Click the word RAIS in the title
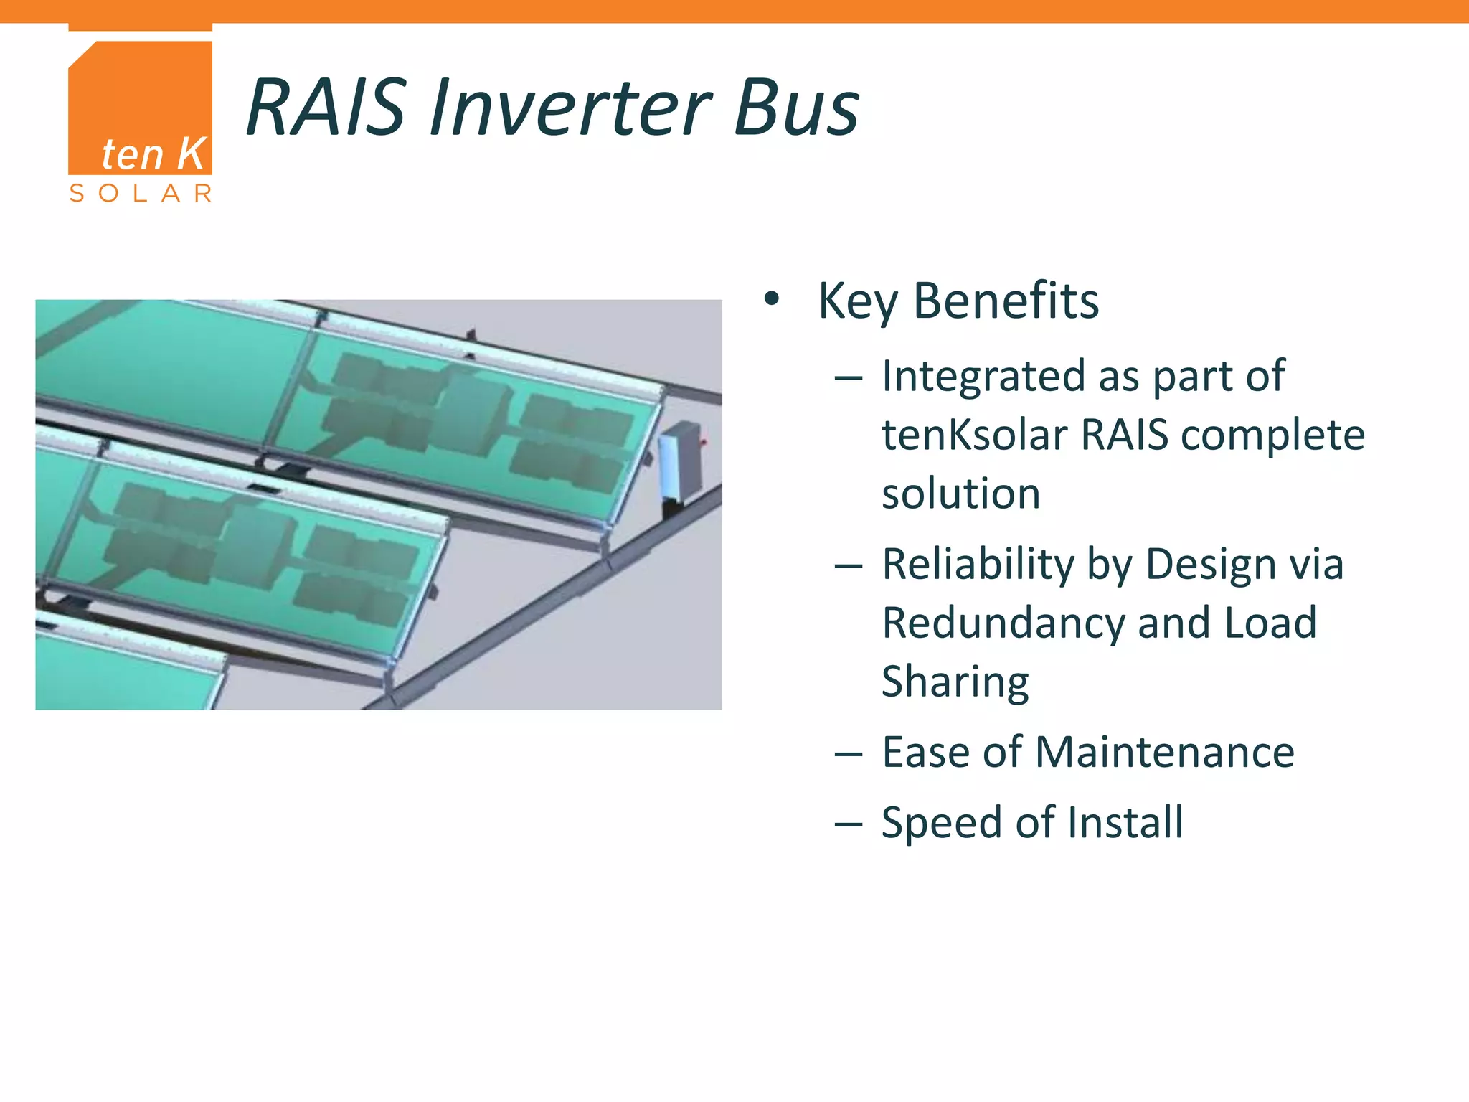(327, 108)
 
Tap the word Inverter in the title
(571, 108)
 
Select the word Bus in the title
(796, 108)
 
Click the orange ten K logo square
(141, 108)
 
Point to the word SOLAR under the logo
(141, 193)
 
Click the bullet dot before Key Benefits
(771, 299)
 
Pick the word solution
(961, 494)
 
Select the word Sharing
(955, 682)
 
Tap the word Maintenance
(1165, 752)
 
